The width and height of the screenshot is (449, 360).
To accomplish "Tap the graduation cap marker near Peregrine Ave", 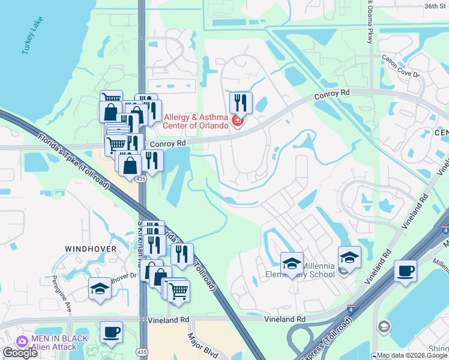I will pyautogui.click(x=100, y=288).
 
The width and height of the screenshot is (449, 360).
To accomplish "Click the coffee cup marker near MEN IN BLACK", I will pyautogui.click(x=111, y=332).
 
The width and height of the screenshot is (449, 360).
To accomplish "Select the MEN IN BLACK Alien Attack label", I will pyautogui.click(x=54, y=343).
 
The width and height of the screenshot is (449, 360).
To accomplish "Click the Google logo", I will pyautogui.click(x=20, y=353).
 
